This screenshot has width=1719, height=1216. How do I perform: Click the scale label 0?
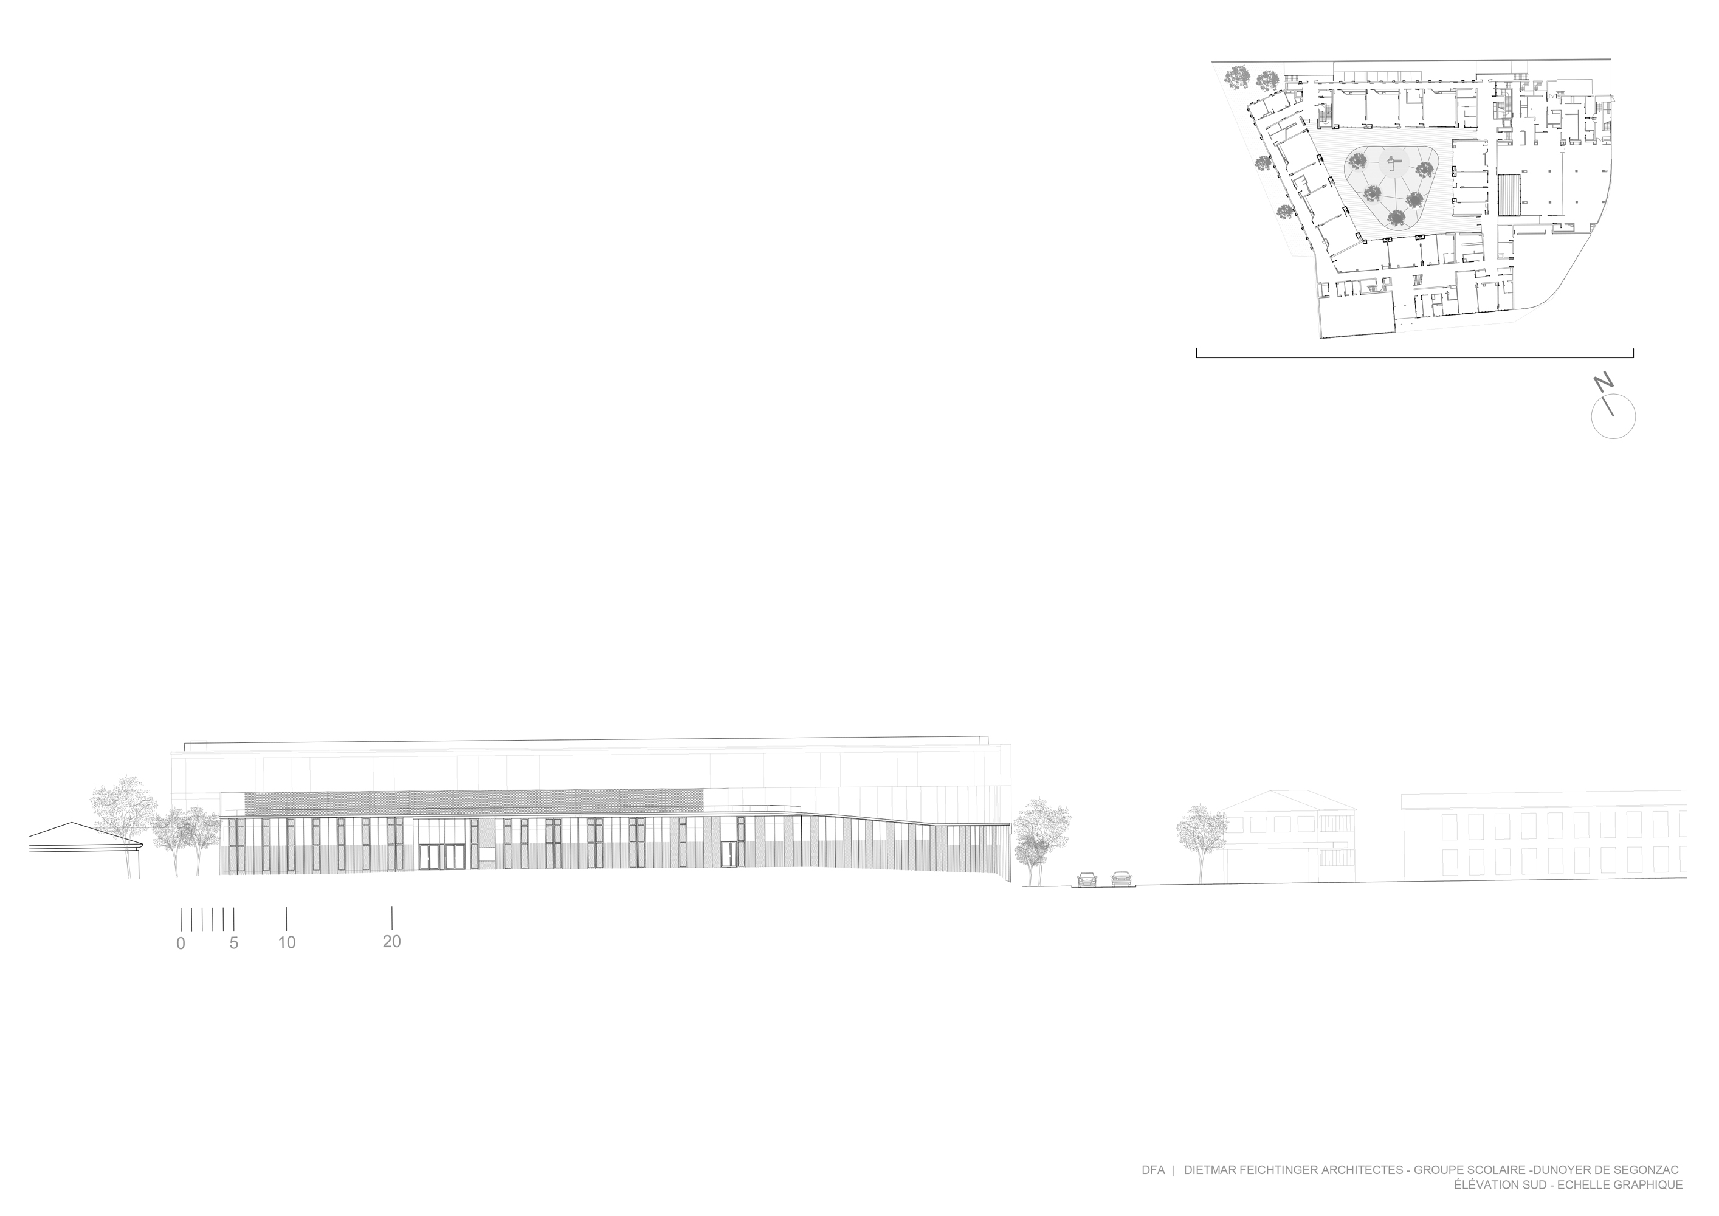pos(181,944)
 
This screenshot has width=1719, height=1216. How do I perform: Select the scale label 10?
pos(287,942)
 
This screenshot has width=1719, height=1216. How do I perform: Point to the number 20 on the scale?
pos(391,942)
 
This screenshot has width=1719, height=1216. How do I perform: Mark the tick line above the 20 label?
pos(392,917)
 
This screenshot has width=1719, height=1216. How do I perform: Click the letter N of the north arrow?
pos(1603,384)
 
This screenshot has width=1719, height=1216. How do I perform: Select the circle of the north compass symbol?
pos(1613,416)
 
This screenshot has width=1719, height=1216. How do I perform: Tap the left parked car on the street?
pos(1087,879)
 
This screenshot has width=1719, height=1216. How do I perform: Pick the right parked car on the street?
pos(1121,879)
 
